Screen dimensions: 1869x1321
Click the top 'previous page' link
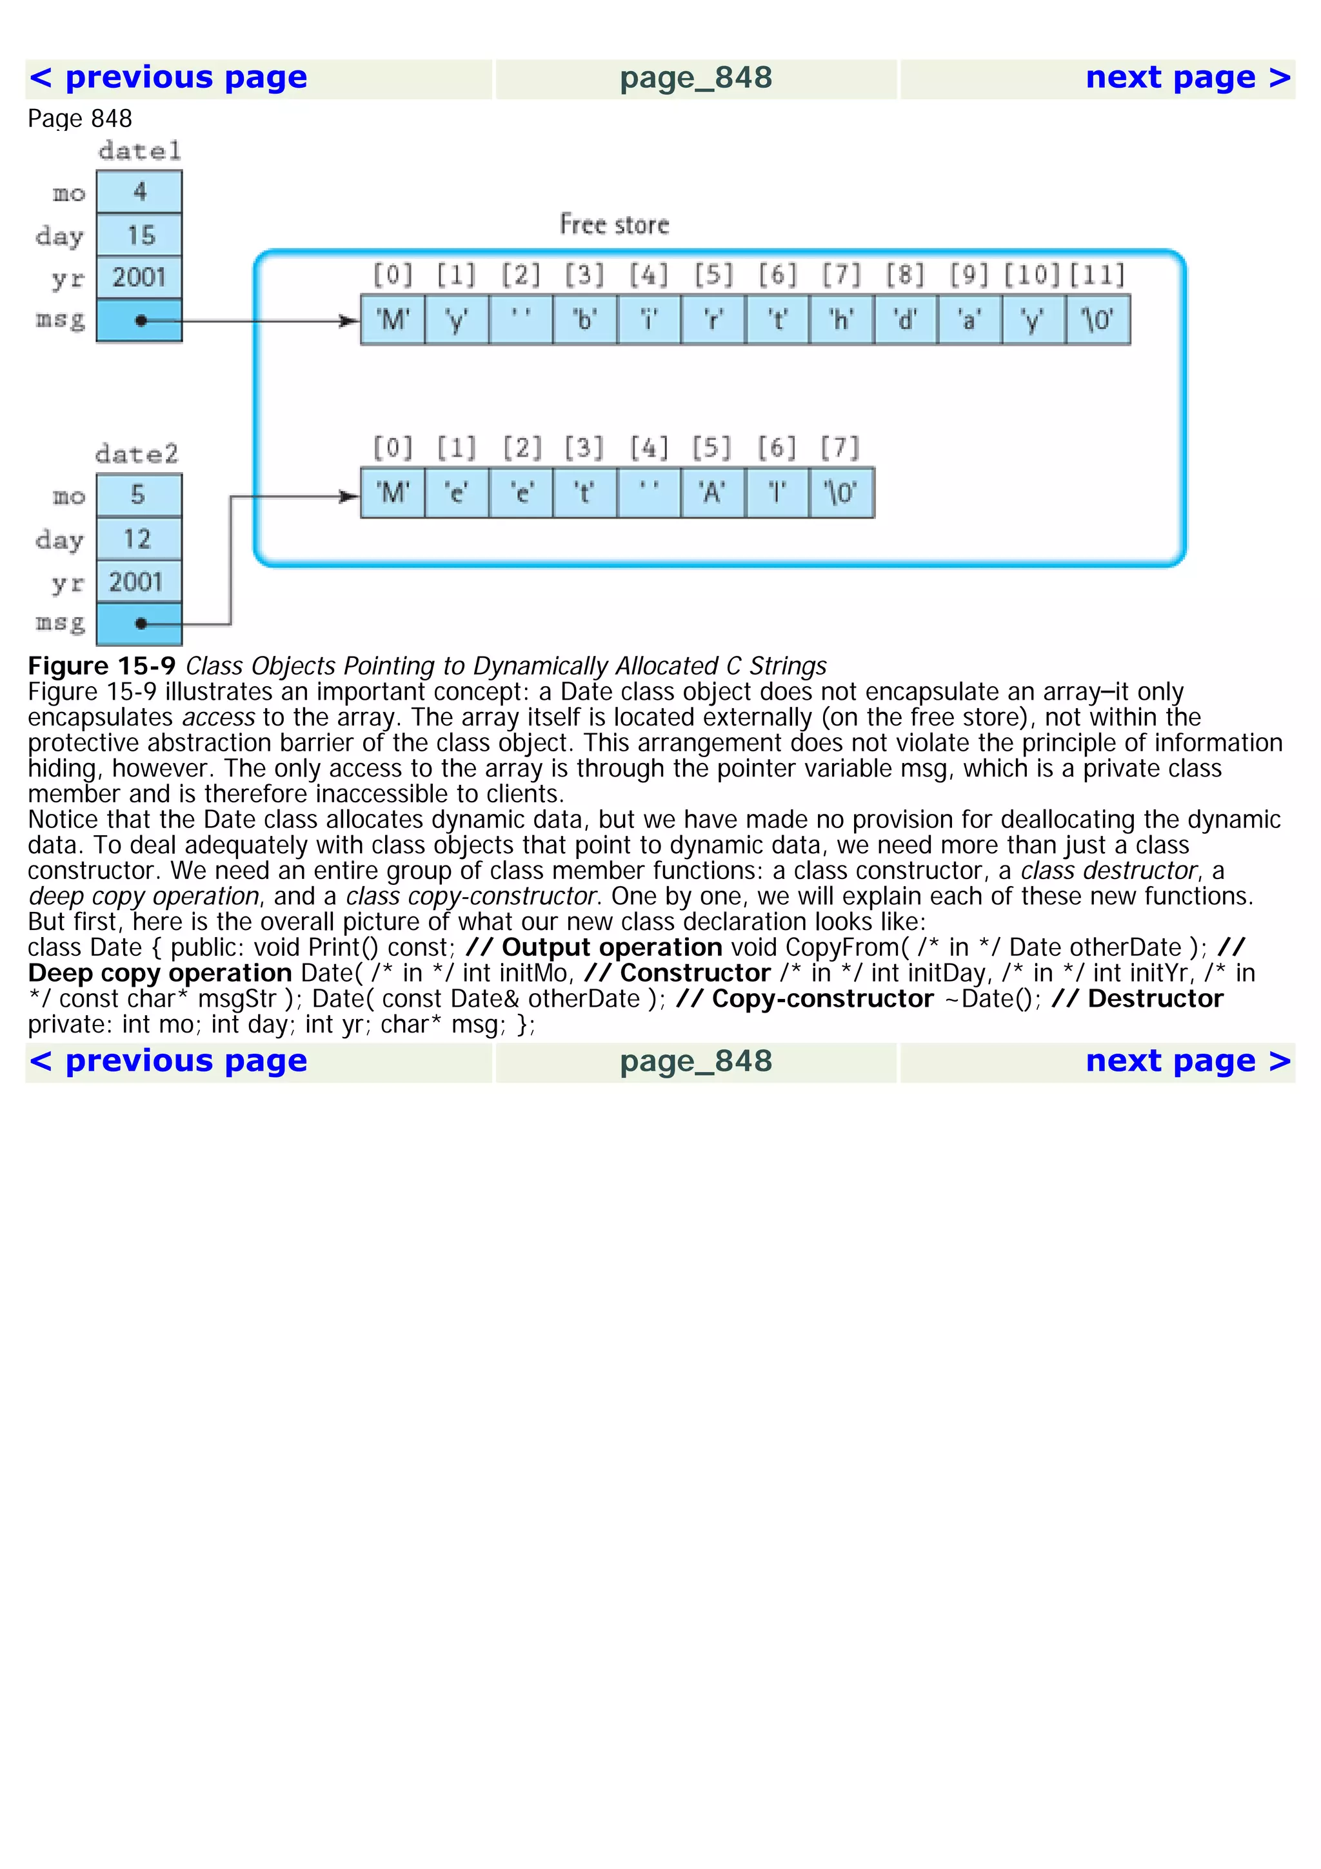pos(169,78)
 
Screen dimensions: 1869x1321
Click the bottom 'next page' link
pos(1187,1062)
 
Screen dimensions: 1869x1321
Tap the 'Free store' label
pos(613,224)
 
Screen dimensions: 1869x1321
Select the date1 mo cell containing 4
pos(139,192)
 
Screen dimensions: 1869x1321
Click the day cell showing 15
pos(139,235)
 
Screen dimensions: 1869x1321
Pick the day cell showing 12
pos(137,539)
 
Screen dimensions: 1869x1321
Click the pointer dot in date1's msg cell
pos(141,321)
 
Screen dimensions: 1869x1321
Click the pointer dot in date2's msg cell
pos(141,624)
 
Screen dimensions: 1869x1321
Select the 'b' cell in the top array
pos(584,321)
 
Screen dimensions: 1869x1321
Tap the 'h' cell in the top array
pos(841,321)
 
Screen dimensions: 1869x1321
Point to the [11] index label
pos(1097,275)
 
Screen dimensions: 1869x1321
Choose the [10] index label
pos(1032,275)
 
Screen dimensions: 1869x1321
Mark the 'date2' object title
pos(137,454)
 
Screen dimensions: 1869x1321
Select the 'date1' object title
pos(139,152)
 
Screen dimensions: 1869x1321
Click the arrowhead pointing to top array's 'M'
pos(350,321)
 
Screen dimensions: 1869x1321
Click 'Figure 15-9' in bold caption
pos(102,666)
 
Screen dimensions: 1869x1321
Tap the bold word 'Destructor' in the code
pos(1155,999)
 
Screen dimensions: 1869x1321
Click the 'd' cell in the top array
pos(905,321)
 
